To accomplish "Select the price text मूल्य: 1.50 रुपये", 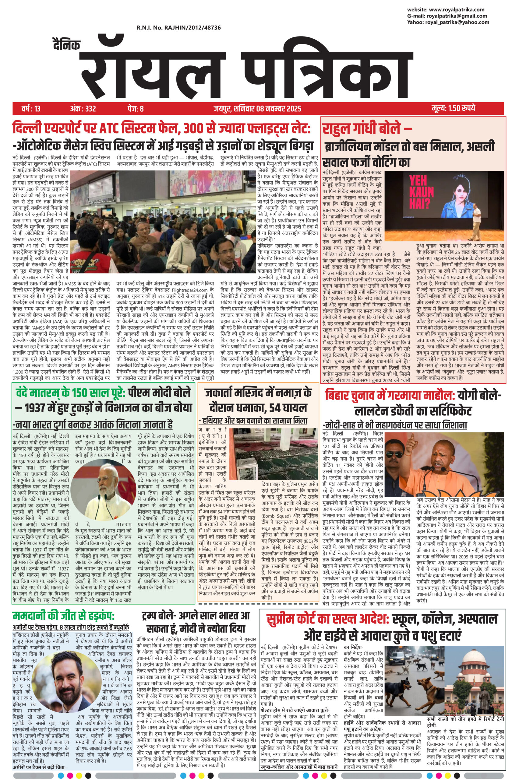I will point(453,108).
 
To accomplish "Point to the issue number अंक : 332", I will point(83,108).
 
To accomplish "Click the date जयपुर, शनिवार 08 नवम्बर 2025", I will point(257,108).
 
